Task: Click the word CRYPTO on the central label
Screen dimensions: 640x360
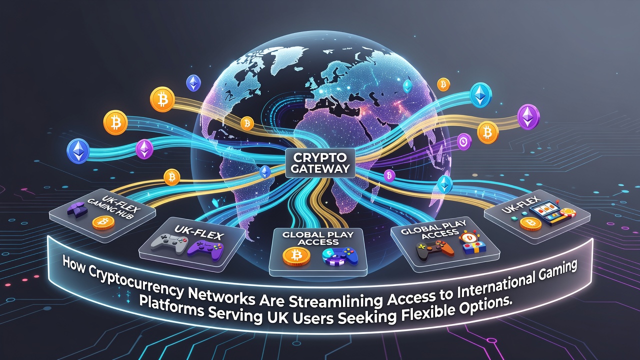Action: [319, 157]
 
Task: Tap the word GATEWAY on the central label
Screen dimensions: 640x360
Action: [320, 168]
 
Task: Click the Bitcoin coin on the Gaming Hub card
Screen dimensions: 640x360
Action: [103, 223]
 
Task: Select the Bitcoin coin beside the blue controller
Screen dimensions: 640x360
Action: [296, 255]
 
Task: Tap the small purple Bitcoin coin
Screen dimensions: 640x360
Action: [389, 175]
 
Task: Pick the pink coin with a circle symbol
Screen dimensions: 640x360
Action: [464, 141]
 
